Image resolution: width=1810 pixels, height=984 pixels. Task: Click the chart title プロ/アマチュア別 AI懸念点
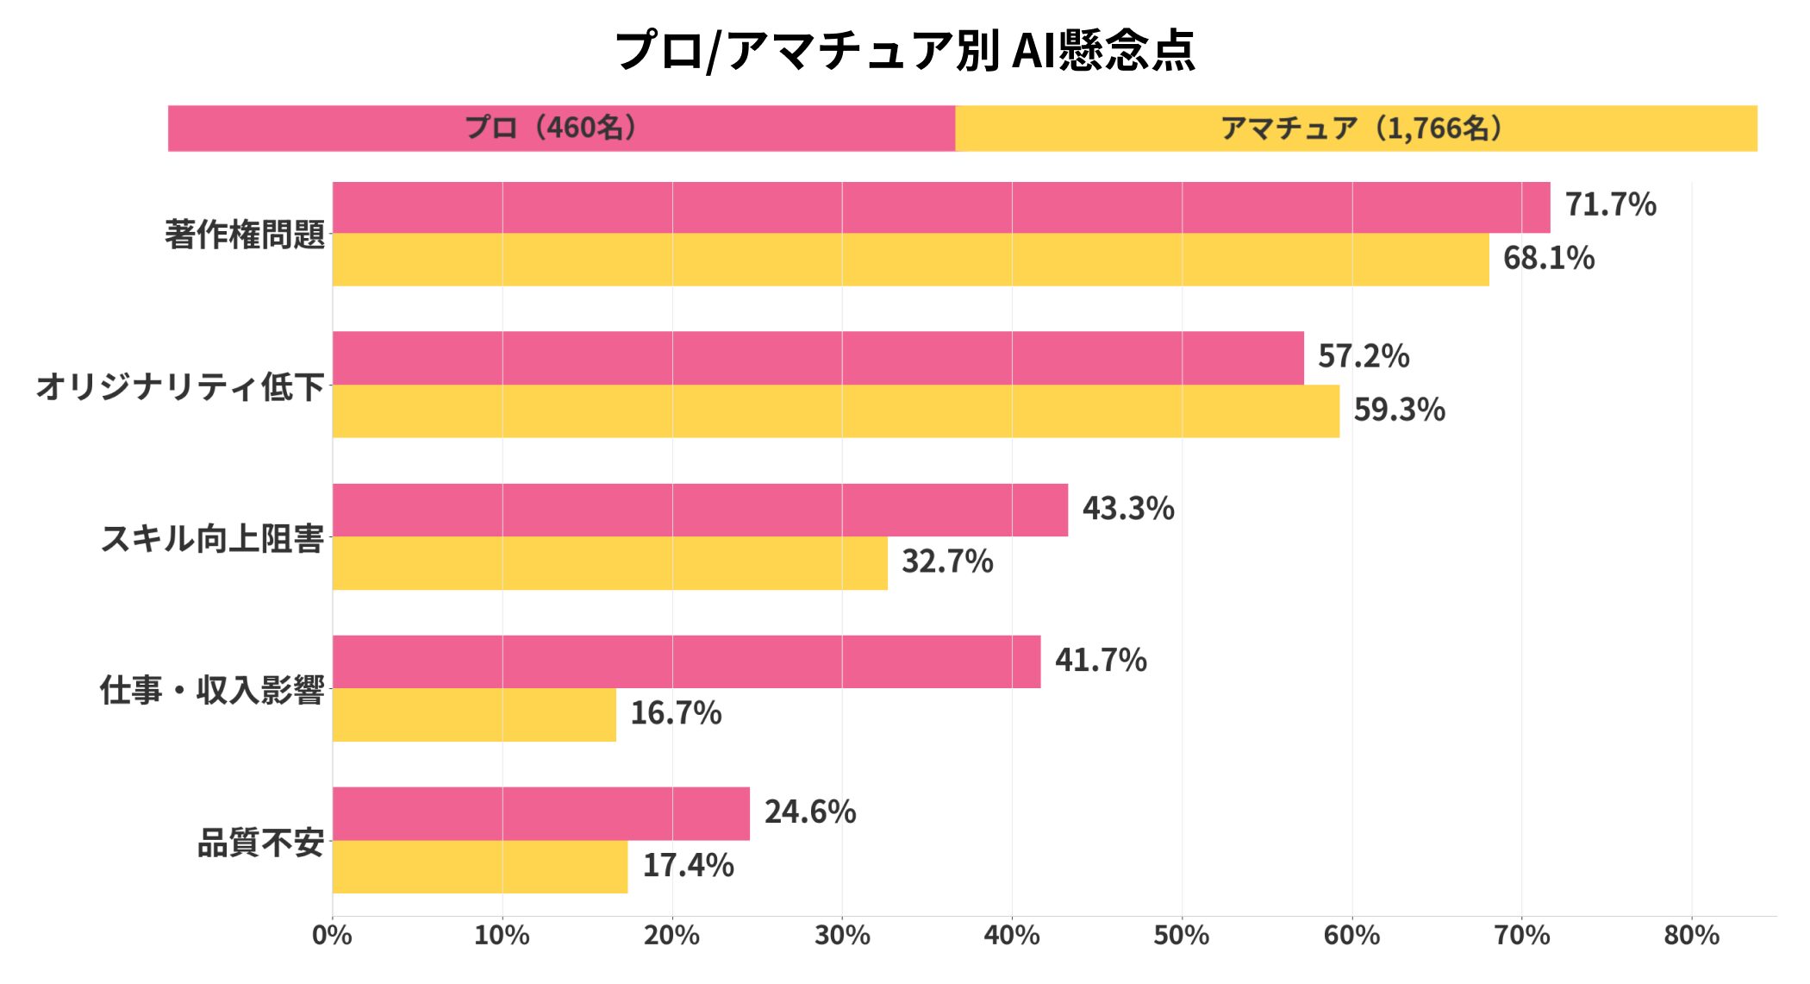(x=904, y=49)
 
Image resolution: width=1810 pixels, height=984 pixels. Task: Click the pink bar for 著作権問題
(x=940, y=208)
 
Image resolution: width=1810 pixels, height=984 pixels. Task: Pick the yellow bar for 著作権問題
(x=910, y=260)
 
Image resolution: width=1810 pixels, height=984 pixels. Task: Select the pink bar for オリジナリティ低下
(x=818, y=358)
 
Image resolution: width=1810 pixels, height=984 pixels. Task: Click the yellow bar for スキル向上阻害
(x=609, y=563)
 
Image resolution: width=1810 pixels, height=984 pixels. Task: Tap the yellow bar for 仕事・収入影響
(x=474, y=715)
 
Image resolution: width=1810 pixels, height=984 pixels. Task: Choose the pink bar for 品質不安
(x=540, y=813)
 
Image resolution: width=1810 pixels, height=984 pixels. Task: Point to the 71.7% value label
(x=1610, y=205)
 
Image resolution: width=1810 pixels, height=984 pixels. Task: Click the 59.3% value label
(x=1399, y=410)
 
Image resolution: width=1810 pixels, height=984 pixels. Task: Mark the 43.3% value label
(x=1128, y=509)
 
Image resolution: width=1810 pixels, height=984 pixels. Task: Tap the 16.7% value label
(x=676, y=713)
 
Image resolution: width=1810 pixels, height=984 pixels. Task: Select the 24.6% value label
(x=810, y=812)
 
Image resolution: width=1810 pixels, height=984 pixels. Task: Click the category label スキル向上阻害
(x=212, y=538)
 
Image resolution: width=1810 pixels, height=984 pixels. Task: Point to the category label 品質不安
(x=260, y=843)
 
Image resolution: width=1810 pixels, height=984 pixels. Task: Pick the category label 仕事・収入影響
(x=212, y=690)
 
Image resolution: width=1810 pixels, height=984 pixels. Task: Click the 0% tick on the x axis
(x=332, y=936)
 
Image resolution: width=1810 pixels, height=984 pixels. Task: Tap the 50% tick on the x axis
(x=1182, y=936)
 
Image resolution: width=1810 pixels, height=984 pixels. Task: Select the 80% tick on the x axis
(x=1691, y=936)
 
